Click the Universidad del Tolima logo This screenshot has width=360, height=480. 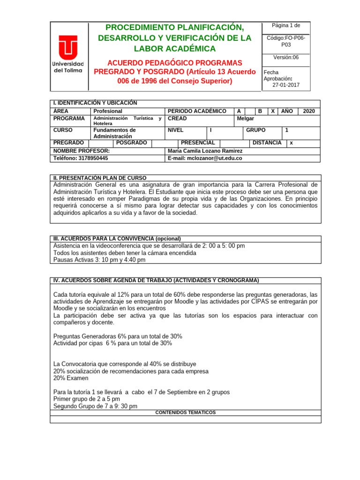68,54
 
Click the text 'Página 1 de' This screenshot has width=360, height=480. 286,25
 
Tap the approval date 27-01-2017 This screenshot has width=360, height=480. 286,85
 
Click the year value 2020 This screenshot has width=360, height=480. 309,111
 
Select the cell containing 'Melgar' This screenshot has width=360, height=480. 246,119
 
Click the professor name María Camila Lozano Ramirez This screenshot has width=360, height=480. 205,151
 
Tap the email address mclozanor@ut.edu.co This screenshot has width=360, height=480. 205,158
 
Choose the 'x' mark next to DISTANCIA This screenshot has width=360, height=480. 292,142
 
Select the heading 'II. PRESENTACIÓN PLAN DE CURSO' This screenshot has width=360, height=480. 100,178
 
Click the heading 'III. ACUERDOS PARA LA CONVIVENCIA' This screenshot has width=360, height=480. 117,239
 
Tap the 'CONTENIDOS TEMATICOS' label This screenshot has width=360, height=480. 185,412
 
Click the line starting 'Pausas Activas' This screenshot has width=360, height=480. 99,260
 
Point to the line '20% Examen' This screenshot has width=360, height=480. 71,378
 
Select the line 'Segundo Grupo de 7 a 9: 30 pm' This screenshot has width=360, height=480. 95,406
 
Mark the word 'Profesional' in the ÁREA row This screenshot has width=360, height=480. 108,111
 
